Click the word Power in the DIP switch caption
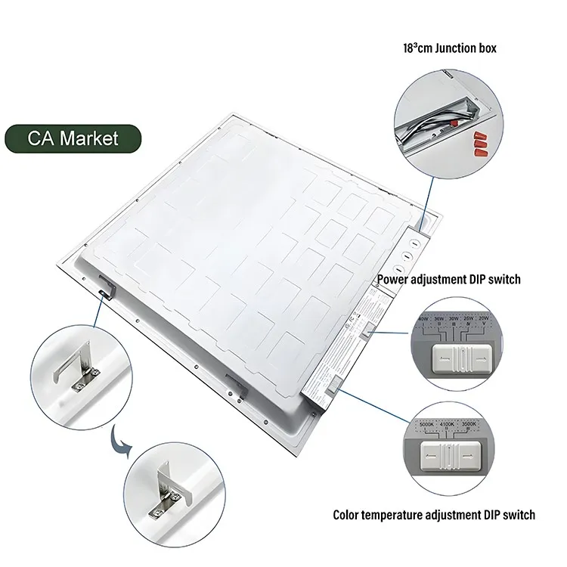pos(396,280)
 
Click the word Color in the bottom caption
pos(349,516)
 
